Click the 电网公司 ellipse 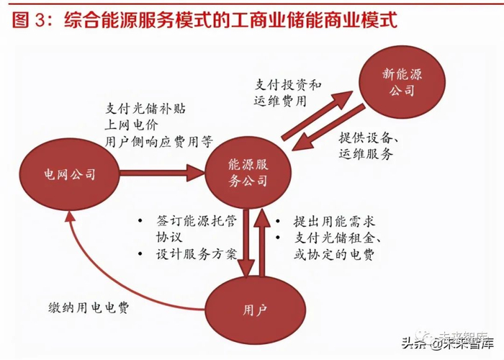point(68,174)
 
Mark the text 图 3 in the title point(29,19)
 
